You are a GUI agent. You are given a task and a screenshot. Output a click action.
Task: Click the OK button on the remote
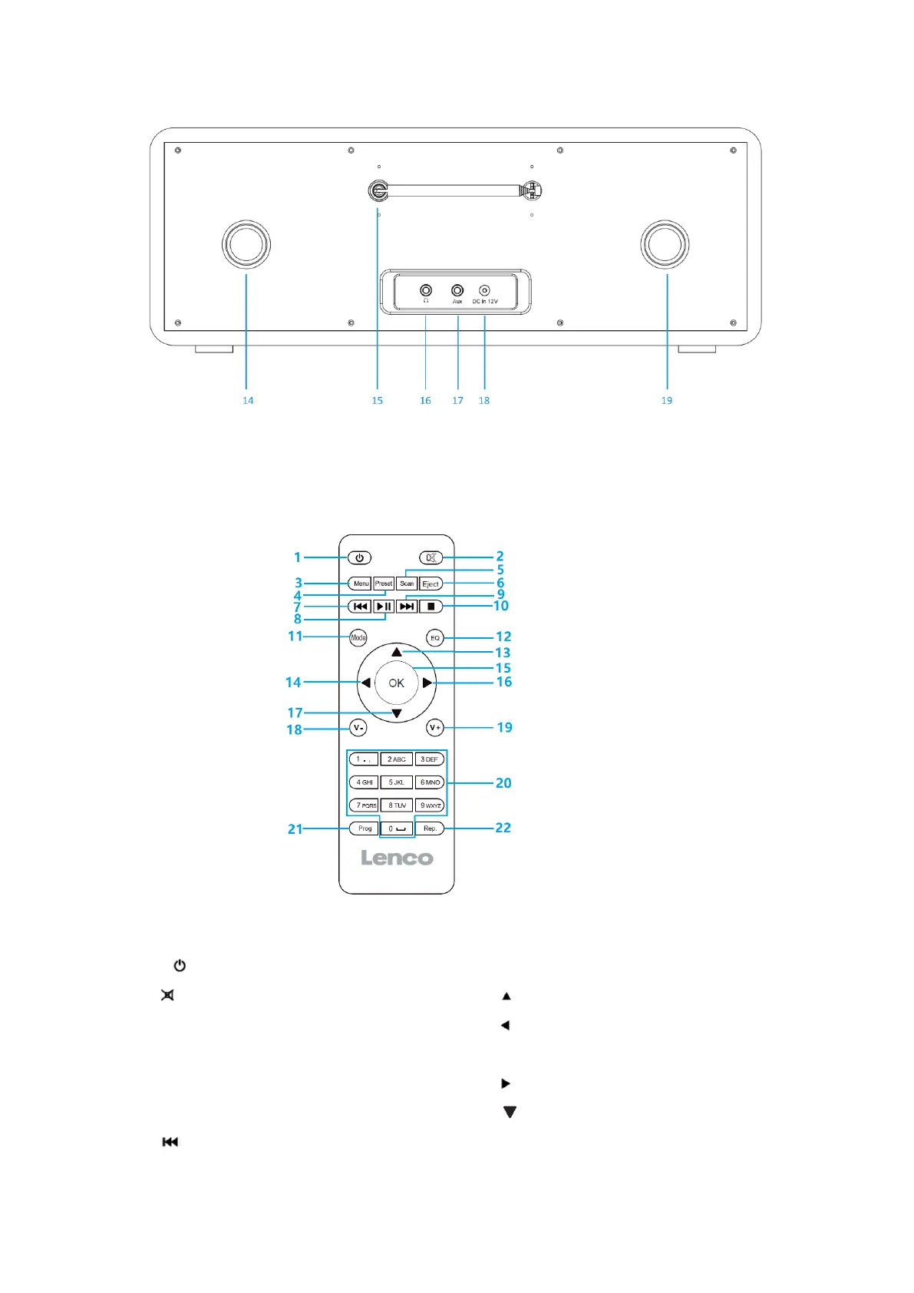[396, 683]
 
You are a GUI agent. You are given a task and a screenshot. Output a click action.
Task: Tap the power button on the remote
[359, 558]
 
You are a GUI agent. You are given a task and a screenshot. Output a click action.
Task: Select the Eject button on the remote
[431, 584]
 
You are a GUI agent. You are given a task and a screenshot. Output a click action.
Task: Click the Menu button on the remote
[360, 584]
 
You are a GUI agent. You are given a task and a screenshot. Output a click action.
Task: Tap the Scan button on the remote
[407, 584]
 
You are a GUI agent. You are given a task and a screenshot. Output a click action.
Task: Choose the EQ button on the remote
[435, 638]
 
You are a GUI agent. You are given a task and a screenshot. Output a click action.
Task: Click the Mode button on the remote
[358, 637]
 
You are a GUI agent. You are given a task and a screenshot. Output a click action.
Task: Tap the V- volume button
[358, 728]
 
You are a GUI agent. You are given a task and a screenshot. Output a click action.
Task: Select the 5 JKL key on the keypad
[397, 782]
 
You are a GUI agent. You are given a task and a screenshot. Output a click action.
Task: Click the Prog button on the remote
[365, 828]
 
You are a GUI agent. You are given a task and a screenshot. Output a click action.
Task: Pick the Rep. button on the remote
[430, 828]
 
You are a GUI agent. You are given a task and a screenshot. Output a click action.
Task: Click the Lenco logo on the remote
[397, 858]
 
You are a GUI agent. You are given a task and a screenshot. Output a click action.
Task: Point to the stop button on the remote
[431, 607]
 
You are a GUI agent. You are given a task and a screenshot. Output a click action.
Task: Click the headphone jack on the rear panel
[426, 290]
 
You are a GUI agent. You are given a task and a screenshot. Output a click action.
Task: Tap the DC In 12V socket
[484, 290]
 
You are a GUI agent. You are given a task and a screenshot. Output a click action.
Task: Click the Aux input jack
[457, 290]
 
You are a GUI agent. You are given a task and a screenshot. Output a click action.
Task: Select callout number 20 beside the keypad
[503, 783]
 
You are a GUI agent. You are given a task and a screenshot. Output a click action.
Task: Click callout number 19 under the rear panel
[667, 400]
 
